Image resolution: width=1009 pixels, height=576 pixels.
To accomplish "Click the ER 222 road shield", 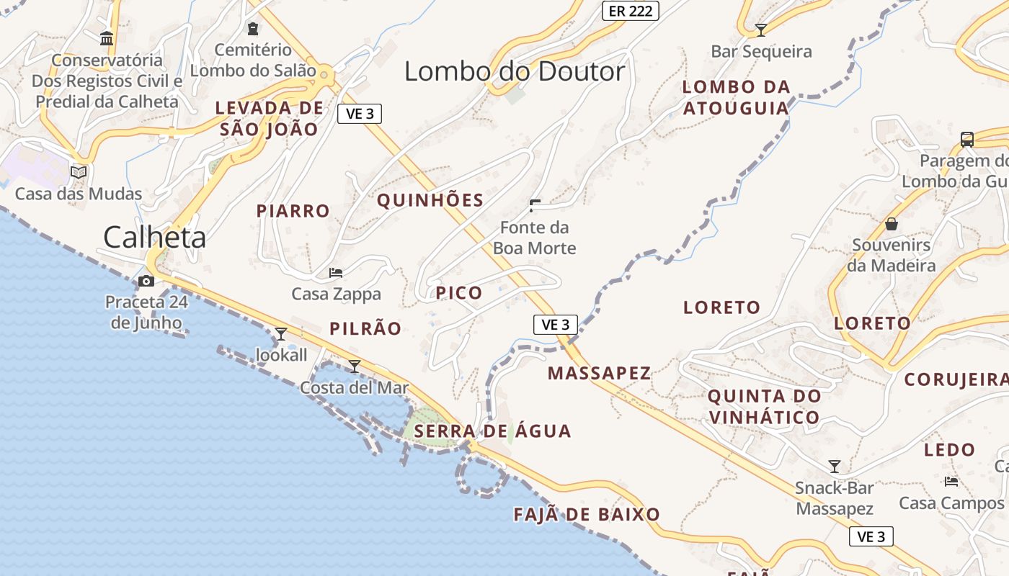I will [630, 10].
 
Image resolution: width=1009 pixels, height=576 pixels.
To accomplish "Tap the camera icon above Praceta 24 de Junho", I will [146, 281].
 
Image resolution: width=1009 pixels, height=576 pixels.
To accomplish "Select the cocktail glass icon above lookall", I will [281, 333].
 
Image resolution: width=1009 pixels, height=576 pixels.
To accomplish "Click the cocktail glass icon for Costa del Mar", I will [354, 366].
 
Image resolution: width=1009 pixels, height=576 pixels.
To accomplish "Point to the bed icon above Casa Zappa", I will [336, 273].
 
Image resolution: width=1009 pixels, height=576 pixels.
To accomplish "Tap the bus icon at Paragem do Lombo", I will [967, 139].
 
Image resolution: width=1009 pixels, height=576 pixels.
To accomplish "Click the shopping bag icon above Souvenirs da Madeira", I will [892, 224].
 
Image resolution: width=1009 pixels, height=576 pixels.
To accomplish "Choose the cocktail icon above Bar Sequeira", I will [760, 30].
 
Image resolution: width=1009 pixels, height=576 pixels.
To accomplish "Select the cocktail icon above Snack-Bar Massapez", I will [835, 467].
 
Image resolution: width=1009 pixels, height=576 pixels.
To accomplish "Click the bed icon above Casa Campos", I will [951, 481].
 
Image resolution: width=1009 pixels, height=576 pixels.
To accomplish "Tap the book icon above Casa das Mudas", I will [79, 172].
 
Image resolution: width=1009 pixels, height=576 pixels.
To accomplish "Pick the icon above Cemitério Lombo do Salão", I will [252, 29].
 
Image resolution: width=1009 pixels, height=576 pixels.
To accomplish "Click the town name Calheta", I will [154, 237].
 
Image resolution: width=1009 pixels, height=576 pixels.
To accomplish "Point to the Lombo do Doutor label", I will [515, 71].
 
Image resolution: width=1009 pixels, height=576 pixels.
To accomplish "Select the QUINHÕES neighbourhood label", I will [430, 200].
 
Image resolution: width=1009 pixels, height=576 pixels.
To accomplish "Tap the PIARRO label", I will [293, 211].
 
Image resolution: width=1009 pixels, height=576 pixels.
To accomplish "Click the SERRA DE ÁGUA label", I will [493, 431].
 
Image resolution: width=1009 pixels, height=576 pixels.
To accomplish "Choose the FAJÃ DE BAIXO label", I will [587, 514].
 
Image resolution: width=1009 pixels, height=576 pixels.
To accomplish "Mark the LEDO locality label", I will [950, 450].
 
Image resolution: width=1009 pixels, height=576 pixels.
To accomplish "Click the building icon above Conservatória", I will [107, 38].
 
